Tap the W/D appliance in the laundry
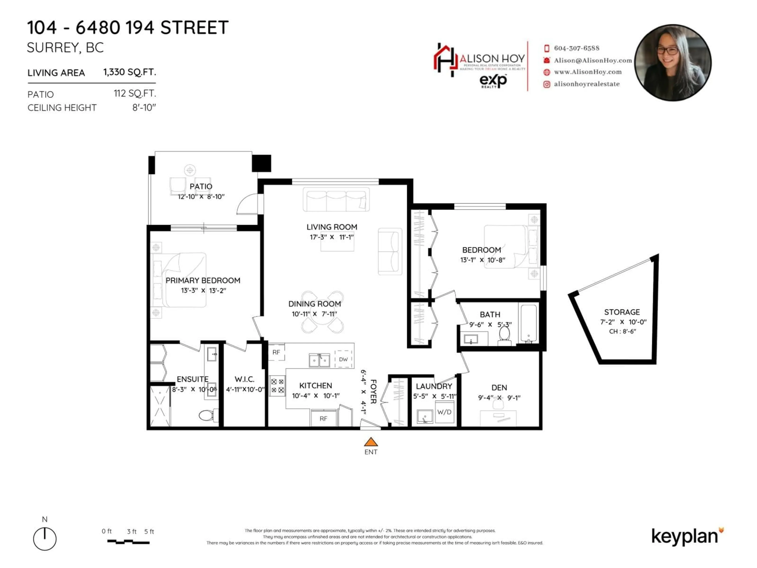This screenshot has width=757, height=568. click(444, 412)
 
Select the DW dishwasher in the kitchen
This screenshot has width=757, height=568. click(343, 359)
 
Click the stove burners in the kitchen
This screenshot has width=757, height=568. click(277, 386)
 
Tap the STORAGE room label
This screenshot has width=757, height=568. click(622, 312)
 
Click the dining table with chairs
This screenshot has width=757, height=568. click(322, 312)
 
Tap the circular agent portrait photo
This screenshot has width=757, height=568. click(673, 63)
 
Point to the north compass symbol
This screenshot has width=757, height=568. click(45, 539)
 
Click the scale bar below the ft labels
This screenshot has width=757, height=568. click(128, 542)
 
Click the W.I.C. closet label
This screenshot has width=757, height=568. click(244, 379)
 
